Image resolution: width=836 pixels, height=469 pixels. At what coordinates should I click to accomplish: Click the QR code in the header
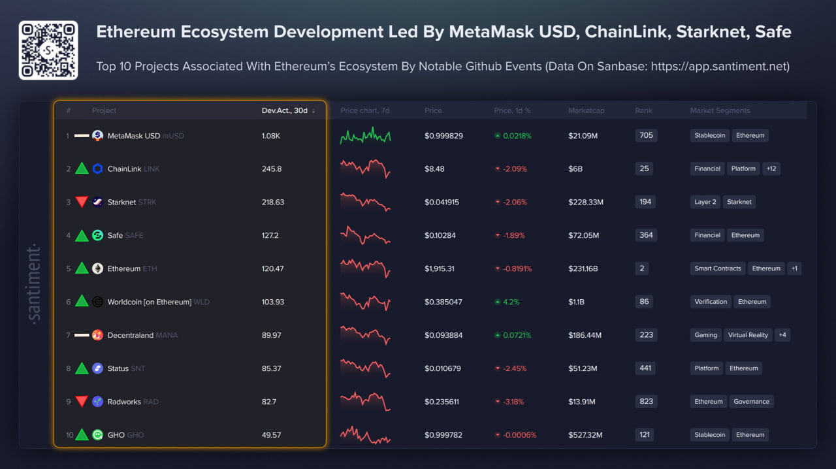pos(48,50)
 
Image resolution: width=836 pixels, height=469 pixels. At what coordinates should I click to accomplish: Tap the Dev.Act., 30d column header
pos(285,110)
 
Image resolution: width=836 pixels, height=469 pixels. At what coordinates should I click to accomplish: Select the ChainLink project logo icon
pos(97,169)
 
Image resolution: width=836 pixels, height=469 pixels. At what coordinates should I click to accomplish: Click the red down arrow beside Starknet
pos(82,202)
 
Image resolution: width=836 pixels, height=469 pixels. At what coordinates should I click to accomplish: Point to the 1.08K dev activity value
pos(271,136)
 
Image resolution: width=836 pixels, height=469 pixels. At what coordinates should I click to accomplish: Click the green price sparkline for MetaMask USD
pos(365,135)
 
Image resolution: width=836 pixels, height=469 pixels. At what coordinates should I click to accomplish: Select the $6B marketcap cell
pos(575,169)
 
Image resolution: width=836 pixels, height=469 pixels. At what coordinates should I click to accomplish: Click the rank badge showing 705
pos(646,135)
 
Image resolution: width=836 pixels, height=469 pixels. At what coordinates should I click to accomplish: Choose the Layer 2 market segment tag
pos(705,202)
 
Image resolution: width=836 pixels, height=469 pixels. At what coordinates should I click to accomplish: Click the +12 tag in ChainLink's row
pos(771,169)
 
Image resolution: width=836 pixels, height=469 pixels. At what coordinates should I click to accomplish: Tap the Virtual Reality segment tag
pos(748,335)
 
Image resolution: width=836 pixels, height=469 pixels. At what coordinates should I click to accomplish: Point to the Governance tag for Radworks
pos(751,402)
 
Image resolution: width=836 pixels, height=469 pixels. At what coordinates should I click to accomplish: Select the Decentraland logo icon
pos(97,335)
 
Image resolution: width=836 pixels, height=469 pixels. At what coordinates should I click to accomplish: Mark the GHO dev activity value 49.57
pos(271,435)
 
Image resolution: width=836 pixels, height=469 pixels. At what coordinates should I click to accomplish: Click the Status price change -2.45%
pos(513,368)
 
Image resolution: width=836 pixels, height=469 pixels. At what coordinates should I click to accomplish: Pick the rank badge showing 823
pos(646,402)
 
